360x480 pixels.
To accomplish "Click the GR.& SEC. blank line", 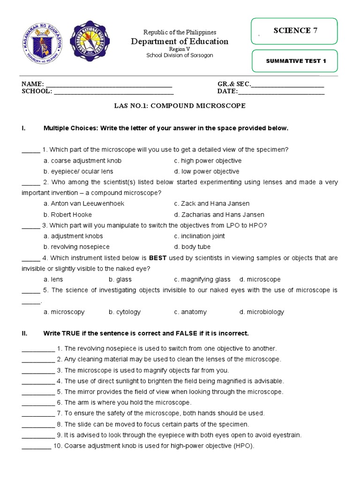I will pyautogui.click(x=288, y=85).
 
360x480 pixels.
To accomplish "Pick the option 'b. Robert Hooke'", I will pyautogui.click(x=67, y=215).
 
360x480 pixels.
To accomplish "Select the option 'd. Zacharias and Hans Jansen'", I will pyautogui.click(x=212, y=215).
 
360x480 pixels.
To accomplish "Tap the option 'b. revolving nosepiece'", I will pyautogui.click(x=76, y=247).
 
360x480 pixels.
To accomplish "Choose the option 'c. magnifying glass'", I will pyautogui.click(x=202, y=279).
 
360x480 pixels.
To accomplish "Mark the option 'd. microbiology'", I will pyautogui.click(x=262, y=312).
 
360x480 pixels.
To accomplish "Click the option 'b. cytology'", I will pyautogui.click(x=125, y=312).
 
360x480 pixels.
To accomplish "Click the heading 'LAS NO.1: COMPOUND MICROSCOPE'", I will pyautogui.click(x=180, y=106).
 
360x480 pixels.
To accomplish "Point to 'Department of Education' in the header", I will pyautogui.click(x=180, y=42).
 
